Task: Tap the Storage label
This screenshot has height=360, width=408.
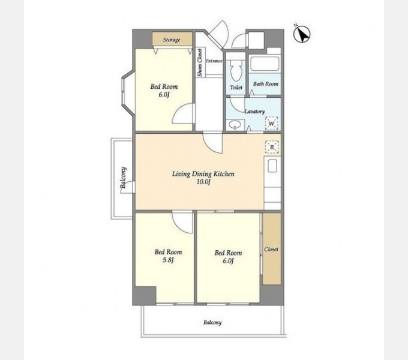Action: click(x=172, y=40)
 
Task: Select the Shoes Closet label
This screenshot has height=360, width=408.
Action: click(x=200, y=62)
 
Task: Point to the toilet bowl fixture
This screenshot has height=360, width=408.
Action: click(x=236, y=70)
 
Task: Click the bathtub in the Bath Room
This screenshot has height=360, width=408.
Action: click(x=265, y=64)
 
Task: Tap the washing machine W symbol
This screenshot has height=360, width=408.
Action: click(x=272, y=123)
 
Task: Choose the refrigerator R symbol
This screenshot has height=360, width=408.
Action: click(x=272, y=147)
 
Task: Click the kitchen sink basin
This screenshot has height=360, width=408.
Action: click(x=272, y=166)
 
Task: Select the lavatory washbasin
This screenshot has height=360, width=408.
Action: click(x=235, y=125)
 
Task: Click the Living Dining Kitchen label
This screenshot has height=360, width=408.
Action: click(x=203, y=174)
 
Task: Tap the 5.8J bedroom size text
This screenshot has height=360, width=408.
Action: click(x=168, y=260)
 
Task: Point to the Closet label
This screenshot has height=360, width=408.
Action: click(x=271, y=249)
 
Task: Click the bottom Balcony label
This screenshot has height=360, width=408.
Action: click(x=212, y=323)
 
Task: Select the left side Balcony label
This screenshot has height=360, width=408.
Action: click(x=124, y=178)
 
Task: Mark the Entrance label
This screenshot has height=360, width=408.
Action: click(x=214, y=61)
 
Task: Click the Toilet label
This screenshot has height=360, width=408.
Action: click(x=236, y=88)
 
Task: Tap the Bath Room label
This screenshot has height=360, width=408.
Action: click(x=266, y=84)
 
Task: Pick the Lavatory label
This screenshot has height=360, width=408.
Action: click(x=254, y=112)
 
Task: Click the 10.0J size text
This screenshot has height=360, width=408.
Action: click(x=203, y=182)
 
